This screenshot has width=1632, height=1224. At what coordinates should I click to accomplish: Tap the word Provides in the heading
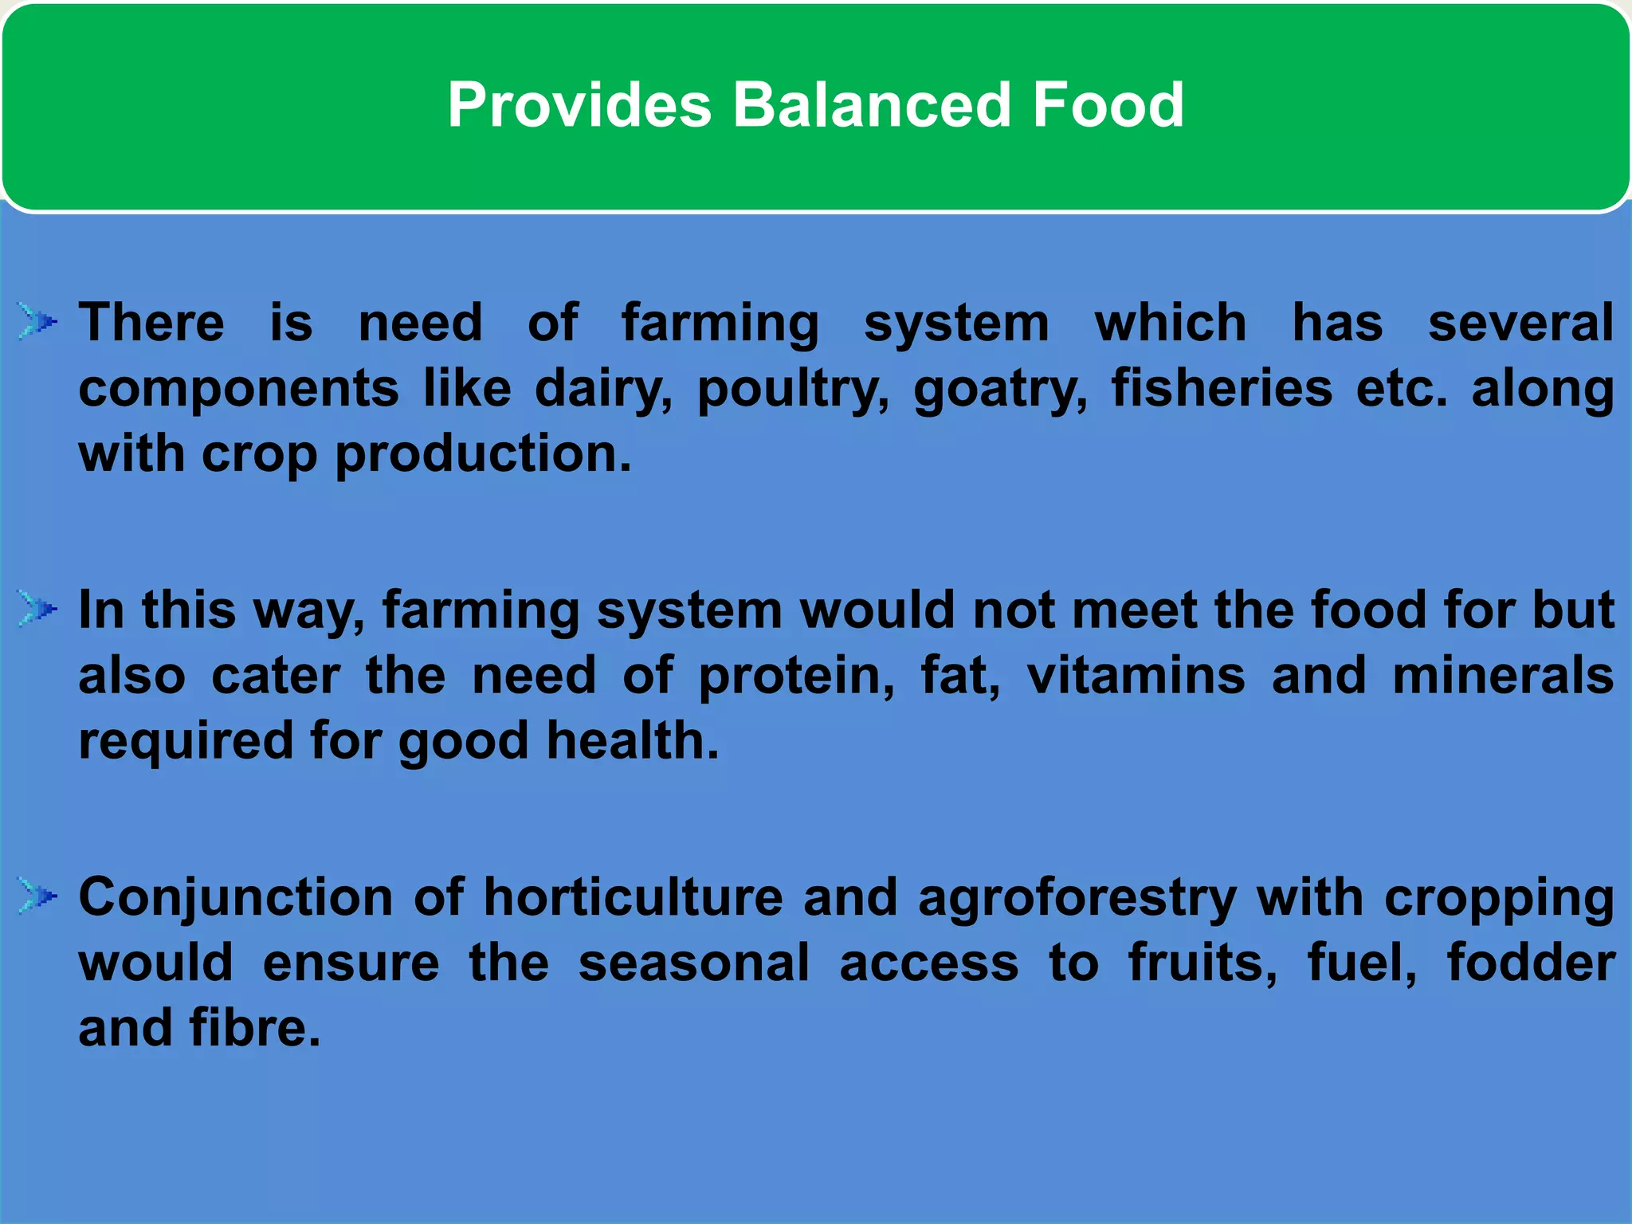579,104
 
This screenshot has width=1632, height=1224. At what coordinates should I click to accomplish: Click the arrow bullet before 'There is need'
37,322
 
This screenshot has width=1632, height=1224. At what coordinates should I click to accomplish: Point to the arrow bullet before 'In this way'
37,610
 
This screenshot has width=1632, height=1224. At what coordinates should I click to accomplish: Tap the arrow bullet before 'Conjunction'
37,896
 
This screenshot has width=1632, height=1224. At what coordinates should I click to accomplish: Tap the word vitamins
1136,675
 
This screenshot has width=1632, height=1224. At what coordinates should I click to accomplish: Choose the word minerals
1503,675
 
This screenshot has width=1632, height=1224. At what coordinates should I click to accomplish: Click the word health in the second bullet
632,740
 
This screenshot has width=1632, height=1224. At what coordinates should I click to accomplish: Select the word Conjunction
236,898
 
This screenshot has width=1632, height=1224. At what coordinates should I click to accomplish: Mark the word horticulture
634,896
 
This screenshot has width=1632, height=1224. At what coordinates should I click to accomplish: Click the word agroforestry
1077,898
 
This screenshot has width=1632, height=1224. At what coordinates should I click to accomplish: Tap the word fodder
1531,962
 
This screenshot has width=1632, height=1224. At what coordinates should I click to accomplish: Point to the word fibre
255,1027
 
